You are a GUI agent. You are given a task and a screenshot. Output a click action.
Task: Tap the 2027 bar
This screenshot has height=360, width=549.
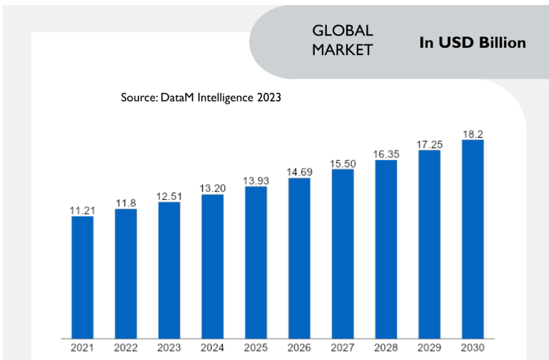[x=343, y=253]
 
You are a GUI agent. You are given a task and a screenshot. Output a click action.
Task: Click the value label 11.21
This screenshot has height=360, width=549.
[x=82, y=210]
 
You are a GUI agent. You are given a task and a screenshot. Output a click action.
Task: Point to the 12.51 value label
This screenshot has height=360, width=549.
[x=169, y=196]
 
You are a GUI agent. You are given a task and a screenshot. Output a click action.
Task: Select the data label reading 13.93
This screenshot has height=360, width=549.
[x=256, y=181]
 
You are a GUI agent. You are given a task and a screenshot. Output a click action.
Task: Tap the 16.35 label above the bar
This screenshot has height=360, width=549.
[x=386, y=154]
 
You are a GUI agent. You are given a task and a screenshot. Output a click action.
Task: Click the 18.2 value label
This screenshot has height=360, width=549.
[x=473, y=134]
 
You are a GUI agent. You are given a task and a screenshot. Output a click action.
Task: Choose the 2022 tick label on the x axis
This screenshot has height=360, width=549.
[x=126, y=347]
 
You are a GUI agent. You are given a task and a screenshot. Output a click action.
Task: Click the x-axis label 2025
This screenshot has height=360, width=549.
[x=256, y=347]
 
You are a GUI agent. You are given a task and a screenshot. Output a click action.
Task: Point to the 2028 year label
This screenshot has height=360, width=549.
[x=386, y=347]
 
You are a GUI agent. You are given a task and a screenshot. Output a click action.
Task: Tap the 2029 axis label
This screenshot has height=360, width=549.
[x=430, y=347]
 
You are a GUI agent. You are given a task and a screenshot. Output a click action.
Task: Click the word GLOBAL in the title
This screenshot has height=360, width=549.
[x=343, y=31]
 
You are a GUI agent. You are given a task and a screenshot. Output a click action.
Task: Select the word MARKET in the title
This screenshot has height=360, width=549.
[x=342, y=50]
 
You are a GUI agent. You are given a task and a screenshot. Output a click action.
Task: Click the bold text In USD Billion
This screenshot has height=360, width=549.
[x=473, y=43]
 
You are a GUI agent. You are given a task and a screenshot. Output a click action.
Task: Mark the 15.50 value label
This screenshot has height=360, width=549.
[x=343, y=164]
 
